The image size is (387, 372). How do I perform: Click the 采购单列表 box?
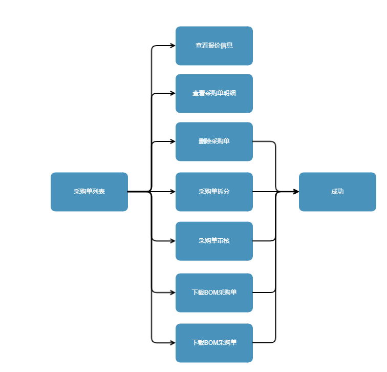89,192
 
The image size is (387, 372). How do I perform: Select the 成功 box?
337,192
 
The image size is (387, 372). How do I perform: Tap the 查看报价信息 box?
214,46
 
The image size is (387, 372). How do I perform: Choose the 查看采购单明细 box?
214,93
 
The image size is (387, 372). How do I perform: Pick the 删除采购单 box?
214,141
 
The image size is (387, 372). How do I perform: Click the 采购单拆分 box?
214,192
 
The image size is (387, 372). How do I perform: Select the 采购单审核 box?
214,241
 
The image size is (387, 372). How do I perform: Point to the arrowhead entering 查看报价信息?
173,46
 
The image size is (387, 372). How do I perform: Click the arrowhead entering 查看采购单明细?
173,93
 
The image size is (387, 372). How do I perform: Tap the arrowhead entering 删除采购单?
173,141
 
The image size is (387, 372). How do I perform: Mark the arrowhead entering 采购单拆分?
173,192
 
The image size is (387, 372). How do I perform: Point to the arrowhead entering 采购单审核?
173,241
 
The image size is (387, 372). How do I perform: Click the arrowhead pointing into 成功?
296,192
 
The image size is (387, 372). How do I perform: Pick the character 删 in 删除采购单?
202,141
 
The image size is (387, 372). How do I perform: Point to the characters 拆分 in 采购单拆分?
223,192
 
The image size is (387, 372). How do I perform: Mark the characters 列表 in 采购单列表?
98,192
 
